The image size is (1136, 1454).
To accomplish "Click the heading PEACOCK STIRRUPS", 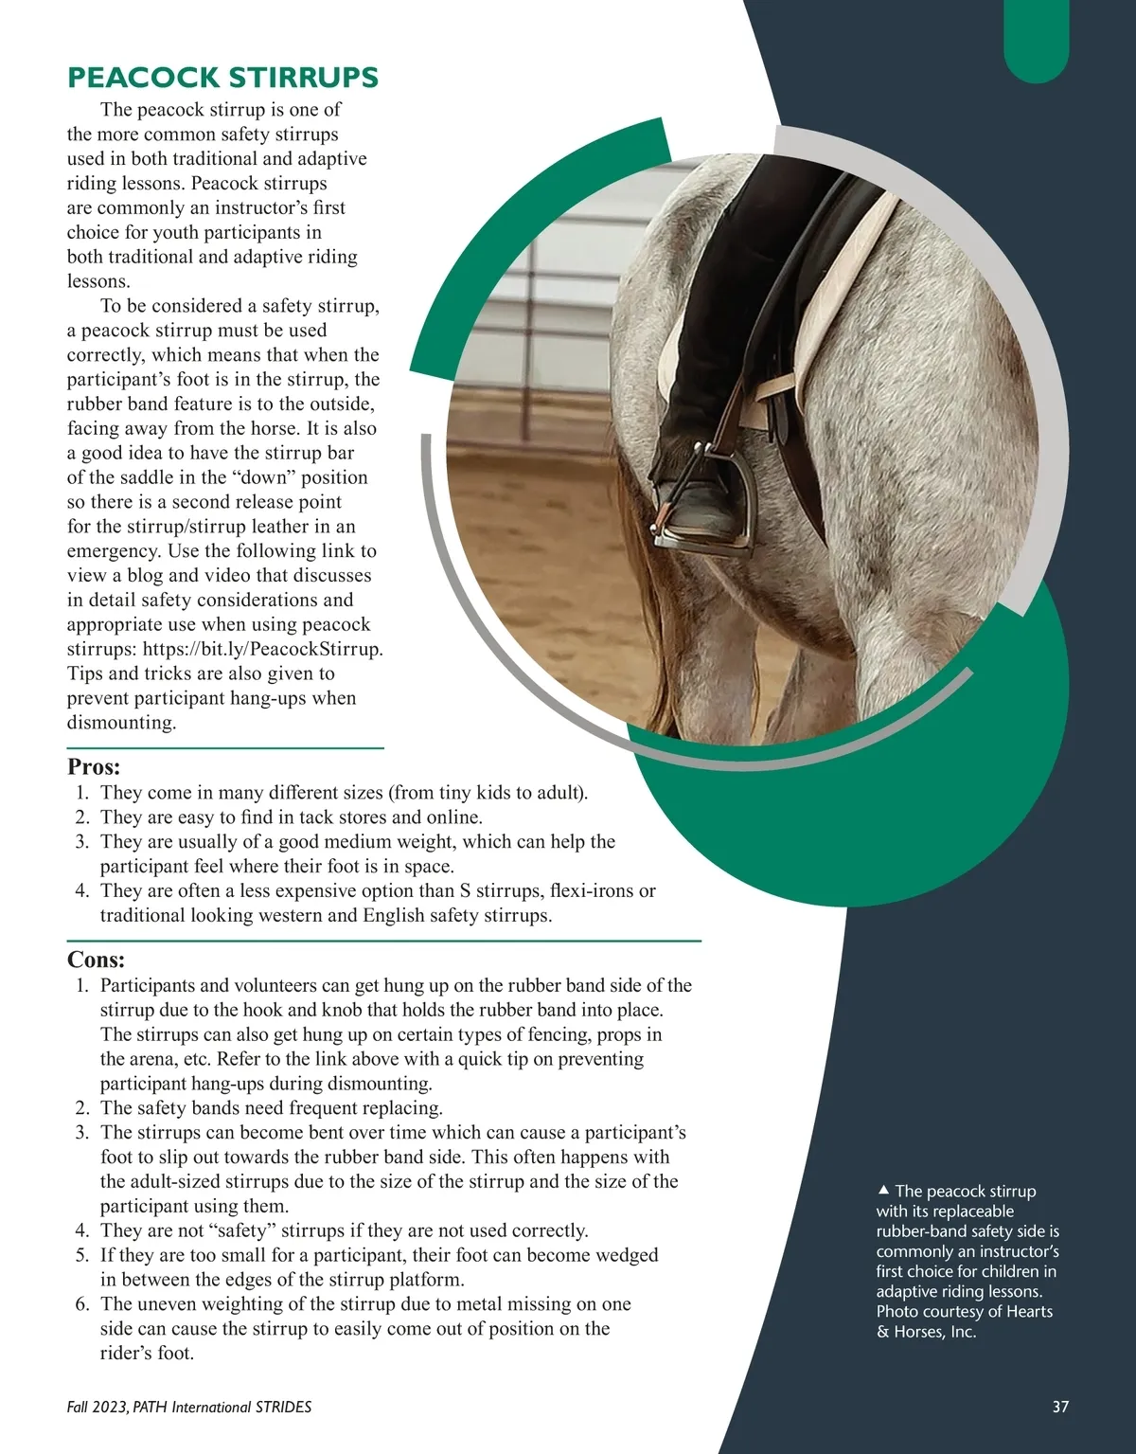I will pos(222,78).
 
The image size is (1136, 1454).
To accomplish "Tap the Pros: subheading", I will pos(94,766).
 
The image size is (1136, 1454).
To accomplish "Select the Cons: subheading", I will pos(96,960).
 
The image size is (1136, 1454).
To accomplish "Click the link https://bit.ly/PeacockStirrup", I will pos(262,650).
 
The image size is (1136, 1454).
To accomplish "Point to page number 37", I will pos(1060,1407).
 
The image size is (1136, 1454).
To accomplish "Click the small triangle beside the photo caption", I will pos(882,1190).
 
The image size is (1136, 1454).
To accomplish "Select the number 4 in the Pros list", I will pos(81,891).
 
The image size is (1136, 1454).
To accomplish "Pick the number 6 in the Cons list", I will pos(81,1304).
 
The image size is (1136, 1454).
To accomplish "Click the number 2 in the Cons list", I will pos(81,1108).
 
